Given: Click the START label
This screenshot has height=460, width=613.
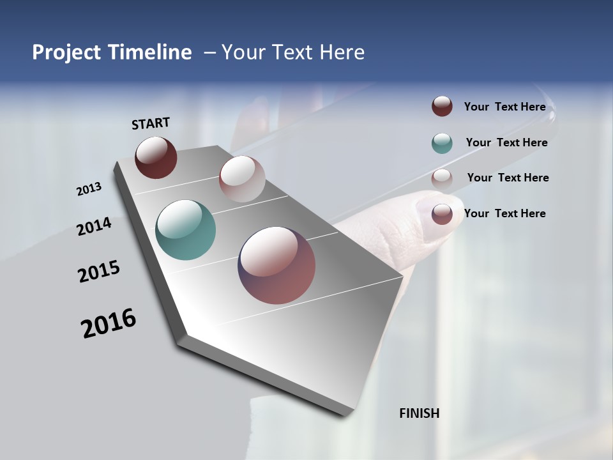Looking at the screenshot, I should [151, 123].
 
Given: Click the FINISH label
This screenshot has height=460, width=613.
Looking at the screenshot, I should [419, 413].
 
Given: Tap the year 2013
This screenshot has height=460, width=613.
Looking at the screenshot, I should [89, 189].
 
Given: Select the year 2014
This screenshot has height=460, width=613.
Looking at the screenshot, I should [94, 226].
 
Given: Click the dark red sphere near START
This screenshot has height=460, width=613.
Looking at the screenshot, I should [156, 157].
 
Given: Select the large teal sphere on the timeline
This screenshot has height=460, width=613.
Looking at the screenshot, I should [185, 230].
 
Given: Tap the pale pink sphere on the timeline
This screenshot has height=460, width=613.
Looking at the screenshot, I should [242, 179].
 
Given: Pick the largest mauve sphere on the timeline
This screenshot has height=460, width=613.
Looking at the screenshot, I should [276, 265].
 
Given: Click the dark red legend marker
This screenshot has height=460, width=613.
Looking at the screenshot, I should [442, 106].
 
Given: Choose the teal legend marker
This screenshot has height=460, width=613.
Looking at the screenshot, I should [442, 143].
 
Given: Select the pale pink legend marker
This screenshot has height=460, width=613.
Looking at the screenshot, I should [442, 179].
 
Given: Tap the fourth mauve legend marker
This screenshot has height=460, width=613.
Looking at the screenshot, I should [442, 213].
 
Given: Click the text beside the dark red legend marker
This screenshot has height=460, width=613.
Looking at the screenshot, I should [504, 107].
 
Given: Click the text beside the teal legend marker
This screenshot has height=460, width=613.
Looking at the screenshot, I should [506, 142].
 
